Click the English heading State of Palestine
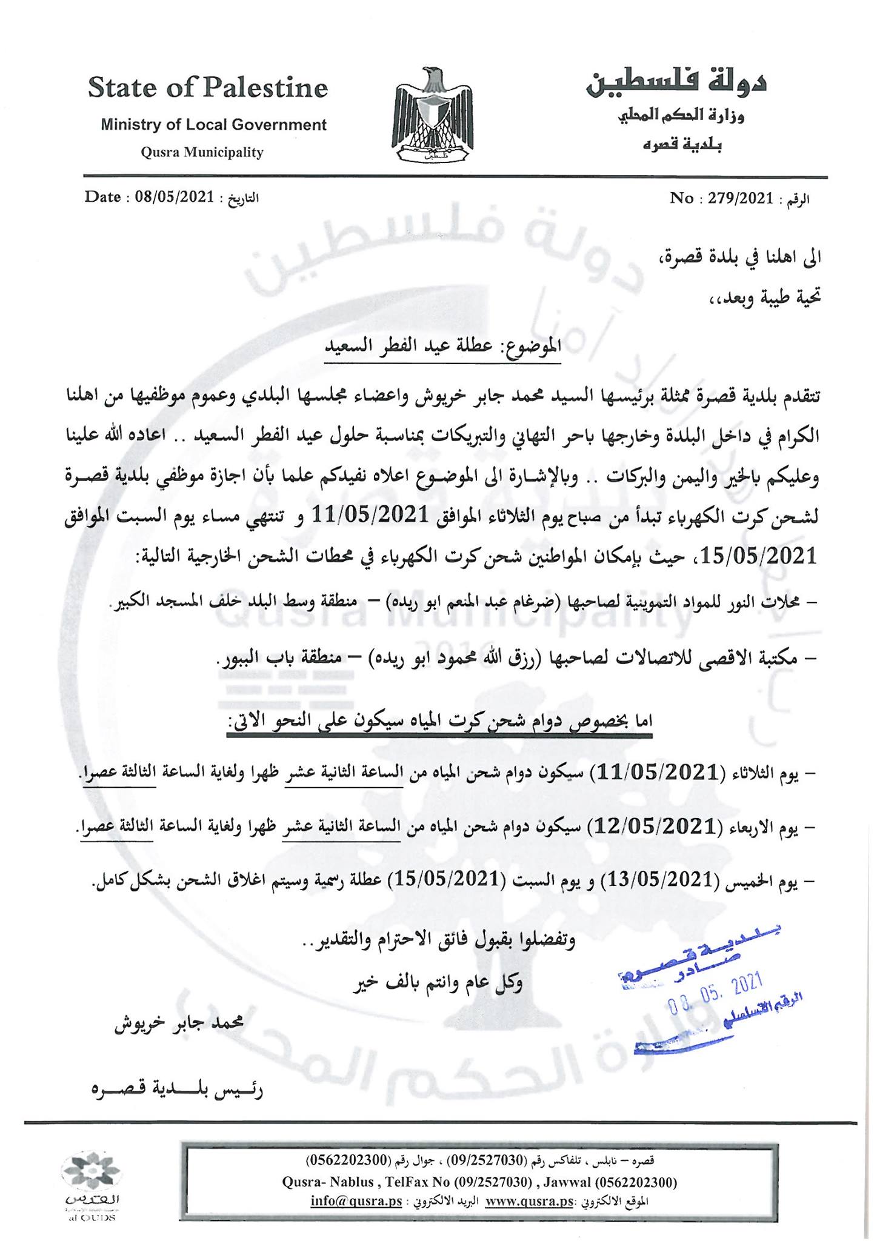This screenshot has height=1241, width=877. tap(208, 88)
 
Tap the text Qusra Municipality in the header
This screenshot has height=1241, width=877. tap(202, 152)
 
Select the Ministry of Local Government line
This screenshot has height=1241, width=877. tap(213, 125)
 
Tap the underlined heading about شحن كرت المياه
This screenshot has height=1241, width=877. tap(439, 722)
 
